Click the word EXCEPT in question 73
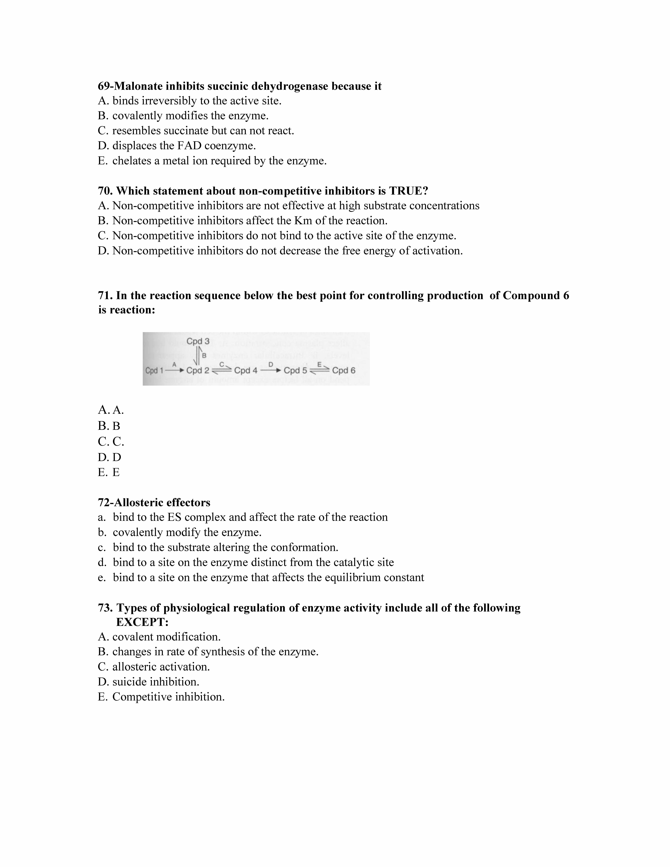pyautogui.click(x=142, y=622)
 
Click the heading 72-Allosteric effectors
pyautogui.click(x=154, y=503)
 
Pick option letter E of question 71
pyautogui.click(x=102, y=472)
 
